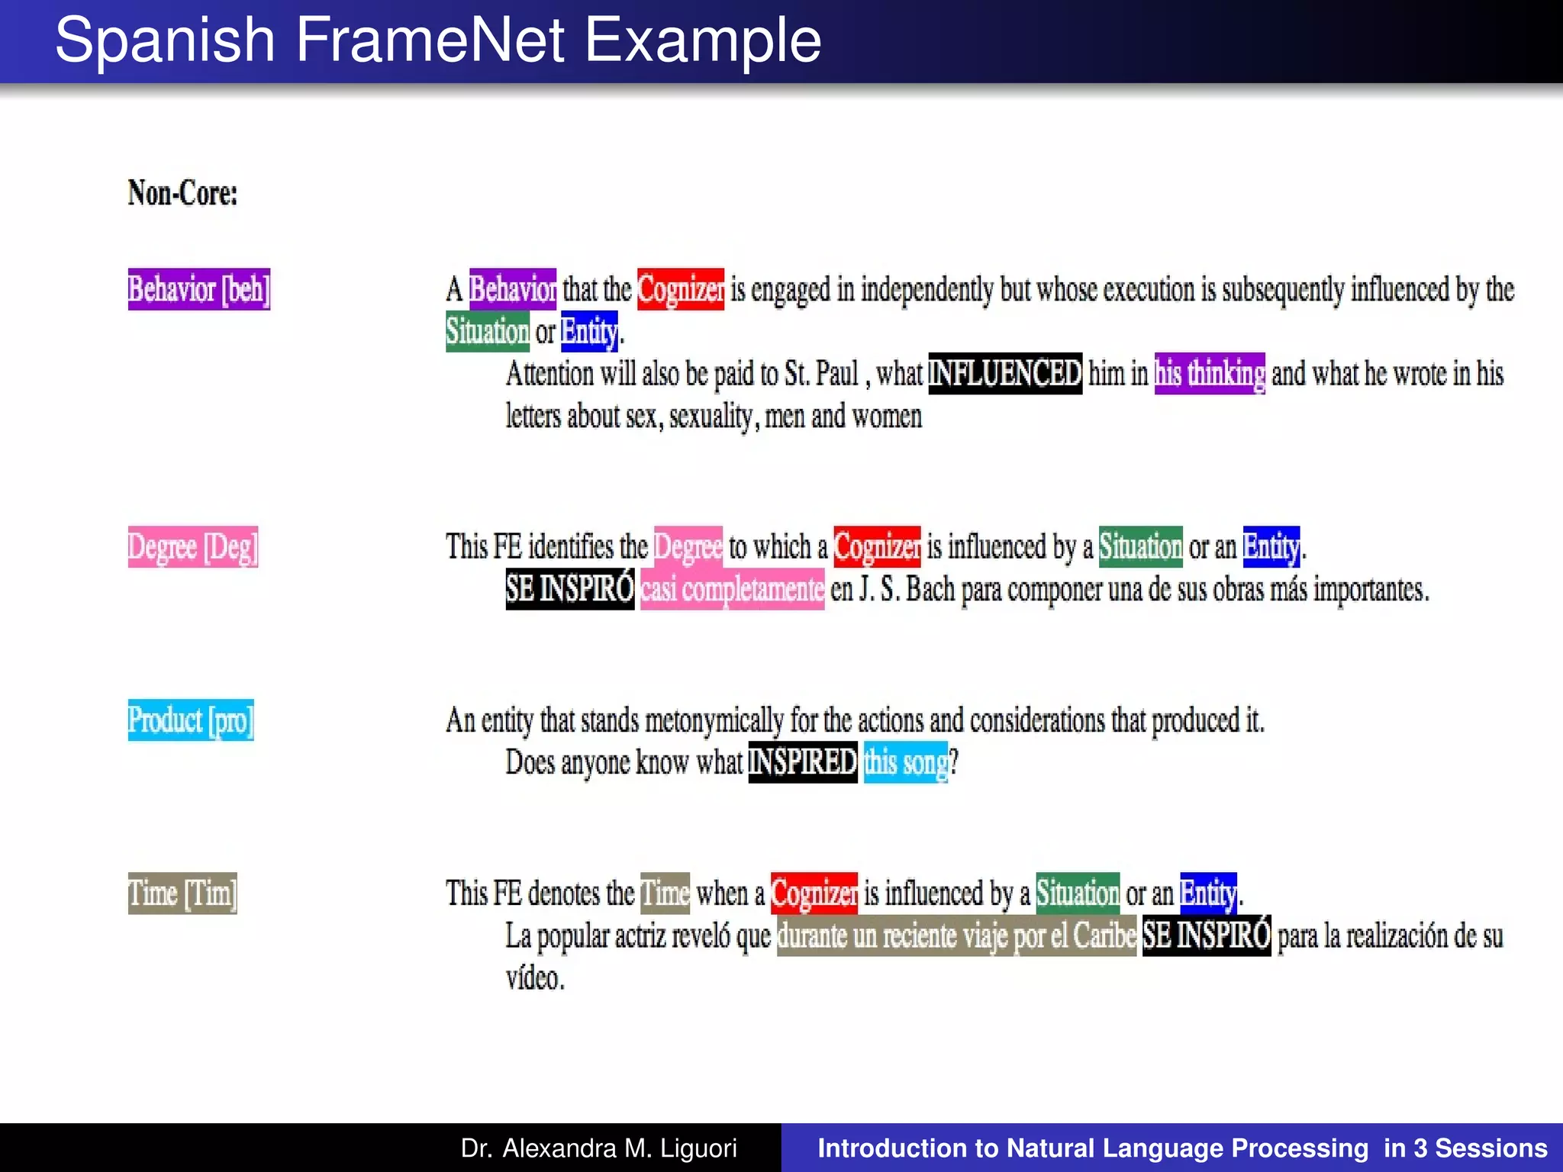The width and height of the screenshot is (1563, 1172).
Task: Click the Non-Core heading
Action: tap(182, 193)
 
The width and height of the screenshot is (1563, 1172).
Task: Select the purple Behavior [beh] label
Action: tap(198, 289)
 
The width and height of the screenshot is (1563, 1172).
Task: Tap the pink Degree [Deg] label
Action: tap(192, 547)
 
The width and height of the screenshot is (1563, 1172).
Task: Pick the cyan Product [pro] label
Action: tap(190, 720)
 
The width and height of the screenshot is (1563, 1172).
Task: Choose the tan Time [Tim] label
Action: tap(182, 893)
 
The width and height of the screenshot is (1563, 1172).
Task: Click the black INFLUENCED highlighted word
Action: tap(1004, 374)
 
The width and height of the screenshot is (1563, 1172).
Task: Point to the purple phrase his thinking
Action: tap(1209, 374)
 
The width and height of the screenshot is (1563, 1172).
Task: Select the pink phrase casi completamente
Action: tap(732, 589)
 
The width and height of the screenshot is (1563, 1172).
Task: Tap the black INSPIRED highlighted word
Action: tap(802, 762)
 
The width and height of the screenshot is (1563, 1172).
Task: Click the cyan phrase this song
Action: tap(905, 762)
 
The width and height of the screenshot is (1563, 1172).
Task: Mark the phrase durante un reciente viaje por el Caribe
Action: tap(956, 935)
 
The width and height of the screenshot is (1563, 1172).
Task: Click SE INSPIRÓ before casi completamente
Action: tap(569, 589)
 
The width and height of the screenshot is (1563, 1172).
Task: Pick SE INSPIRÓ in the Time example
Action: tap(1206, 935)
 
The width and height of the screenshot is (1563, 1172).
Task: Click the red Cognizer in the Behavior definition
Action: tap(680, 289)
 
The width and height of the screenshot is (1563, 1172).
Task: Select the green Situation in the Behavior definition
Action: tap(487, 331)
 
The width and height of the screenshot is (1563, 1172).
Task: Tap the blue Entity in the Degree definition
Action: tap(1271, 547)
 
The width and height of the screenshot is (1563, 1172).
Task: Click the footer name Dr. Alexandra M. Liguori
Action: tap(598, 1148)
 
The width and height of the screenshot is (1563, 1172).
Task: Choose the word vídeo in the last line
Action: tap(534, 978)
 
